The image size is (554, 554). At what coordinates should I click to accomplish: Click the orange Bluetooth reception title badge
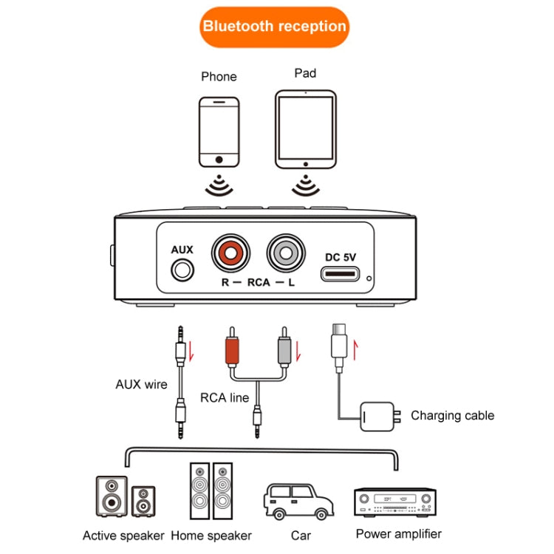274,27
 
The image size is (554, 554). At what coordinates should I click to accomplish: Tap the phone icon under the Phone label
219,131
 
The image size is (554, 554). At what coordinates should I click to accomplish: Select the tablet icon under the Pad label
305,129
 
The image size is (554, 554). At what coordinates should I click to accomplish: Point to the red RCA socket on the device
230,253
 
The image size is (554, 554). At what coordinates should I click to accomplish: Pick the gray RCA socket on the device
286,253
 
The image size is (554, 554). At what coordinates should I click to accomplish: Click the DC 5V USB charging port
341,276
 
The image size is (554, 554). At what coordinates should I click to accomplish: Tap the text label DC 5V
341,257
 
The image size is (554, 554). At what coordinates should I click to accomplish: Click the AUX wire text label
141,384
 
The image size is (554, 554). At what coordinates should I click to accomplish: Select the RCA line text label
225,397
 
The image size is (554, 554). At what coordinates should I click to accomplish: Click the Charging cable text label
452,415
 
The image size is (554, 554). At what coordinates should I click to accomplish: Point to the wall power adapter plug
377,417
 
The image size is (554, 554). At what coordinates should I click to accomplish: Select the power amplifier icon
394,503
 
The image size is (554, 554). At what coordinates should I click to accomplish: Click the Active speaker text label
123,536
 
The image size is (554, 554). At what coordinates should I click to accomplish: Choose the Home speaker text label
211,536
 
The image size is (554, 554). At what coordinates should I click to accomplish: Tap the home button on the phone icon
219,159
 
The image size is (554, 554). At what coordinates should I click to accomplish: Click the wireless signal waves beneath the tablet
305,185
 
